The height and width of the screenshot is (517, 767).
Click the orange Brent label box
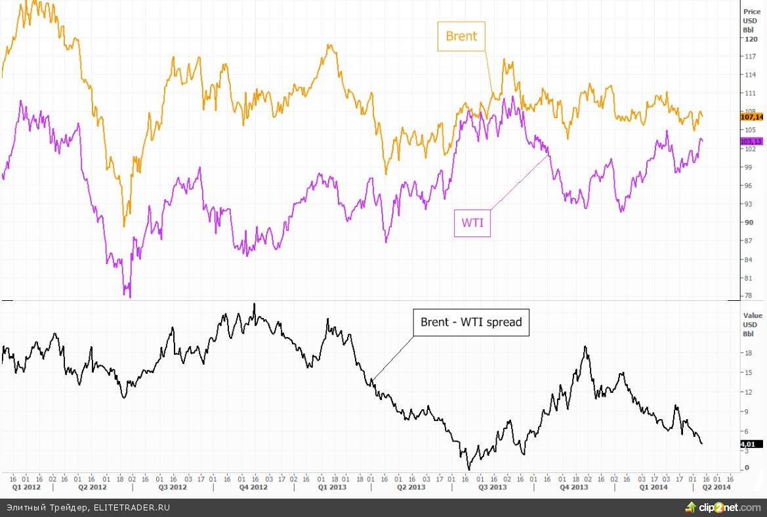coord(461,37)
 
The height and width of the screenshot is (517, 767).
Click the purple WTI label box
coord(472,223)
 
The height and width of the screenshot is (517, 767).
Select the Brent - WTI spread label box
coord(470,323)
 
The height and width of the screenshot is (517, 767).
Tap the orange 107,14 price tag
coord(751,117)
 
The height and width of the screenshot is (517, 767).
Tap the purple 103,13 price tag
coord(751,141)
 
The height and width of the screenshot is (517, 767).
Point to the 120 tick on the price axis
coord(749,39)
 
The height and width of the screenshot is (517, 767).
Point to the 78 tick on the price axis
coord(747,296)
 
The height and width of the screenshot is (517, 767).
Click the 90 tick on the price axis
coord(747,223)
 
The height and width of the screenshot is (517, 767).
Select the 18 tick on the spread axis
coord(747,353)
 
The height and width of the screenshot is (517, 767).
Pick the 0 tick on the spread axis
coord(745,468)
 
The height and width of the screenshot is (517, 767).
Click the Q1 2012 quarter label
coord(26,487)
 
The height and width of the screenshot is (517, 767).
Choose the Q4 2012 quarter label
coord(253,487)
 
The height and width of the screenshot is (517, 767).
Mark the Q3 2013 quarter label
coord(492,487)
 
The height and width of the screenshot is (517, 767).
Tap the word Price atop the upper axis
coord(751,11)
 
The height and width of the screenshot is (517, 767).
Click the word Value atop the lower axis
coord(752,315)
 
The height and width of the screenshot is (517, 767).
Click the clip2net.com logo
coord(722,507)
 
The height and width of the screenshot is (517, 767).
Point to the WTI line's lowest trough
coord(129,296)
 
